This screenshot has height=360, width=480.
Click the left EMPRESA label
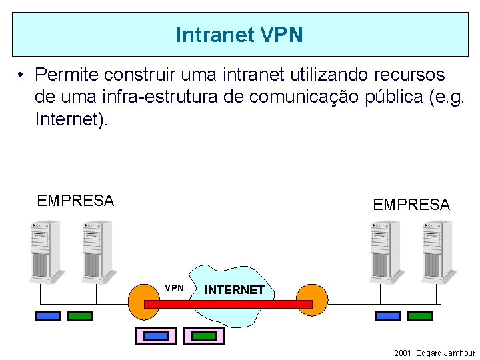click(75, 201)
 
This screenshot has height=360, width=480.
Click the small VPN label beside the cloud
click(174, 288)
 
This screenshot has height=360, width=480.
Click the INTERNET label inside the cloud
click(234, 290)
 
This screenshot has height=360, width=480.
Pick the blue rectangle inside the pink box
click(156, 336)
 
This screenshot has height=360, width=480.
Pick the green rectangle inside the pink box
click(205, 336)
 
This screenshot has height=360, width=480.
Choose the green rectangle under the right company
click(419, 316)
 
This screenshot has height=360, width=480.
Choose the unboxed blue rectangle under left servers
click(48, 316)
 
